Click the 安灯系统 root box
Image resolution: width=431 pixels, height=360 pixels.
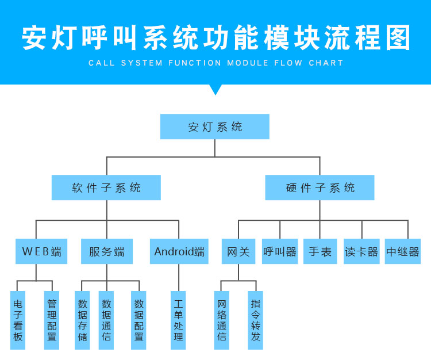coord(215,127)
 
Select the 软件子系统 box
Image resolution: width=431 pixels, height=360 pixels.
coord(106,187)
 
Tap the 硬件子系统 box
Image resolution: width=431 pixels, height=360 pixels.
coord(320,187)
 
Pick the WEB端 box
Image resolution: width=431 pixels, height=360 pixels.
coord(41,251)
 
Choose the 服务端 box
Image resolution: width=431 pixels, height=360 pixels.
coord(107,251)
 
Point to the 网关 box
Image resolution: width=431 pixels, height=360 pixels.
coord(238,251)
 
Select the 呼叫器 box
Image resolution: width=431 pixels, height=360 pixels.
coord(280,251)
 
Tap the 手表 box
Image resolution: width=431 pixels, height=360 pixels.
coord(320,251)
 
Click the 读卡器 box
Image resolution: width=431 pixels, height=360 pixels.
coord(361,251)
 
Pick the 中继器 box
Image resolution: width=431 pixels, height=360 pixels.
coord(403,251)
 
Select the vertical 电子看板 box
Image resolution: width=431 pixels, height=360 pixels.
coord(18,320)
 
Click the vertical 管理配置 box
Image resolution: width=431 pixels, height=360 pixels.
coord(52,320)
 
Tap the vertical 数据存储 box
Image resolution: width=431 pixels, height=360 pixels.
coord(83,320)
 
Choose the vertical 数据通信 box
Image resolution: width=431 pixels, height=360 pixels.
coord(106,320)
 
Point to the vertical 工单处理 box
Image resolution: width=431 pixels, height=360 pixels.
coord(179,320)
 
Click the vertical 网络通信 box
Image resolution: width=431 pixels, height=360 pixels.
coord(222,320)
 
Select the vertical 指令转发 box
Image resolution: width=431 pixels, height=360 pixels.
coord(256,320)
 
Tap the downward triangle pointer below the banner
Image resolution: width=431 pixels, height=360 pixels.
coord(215,89)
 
